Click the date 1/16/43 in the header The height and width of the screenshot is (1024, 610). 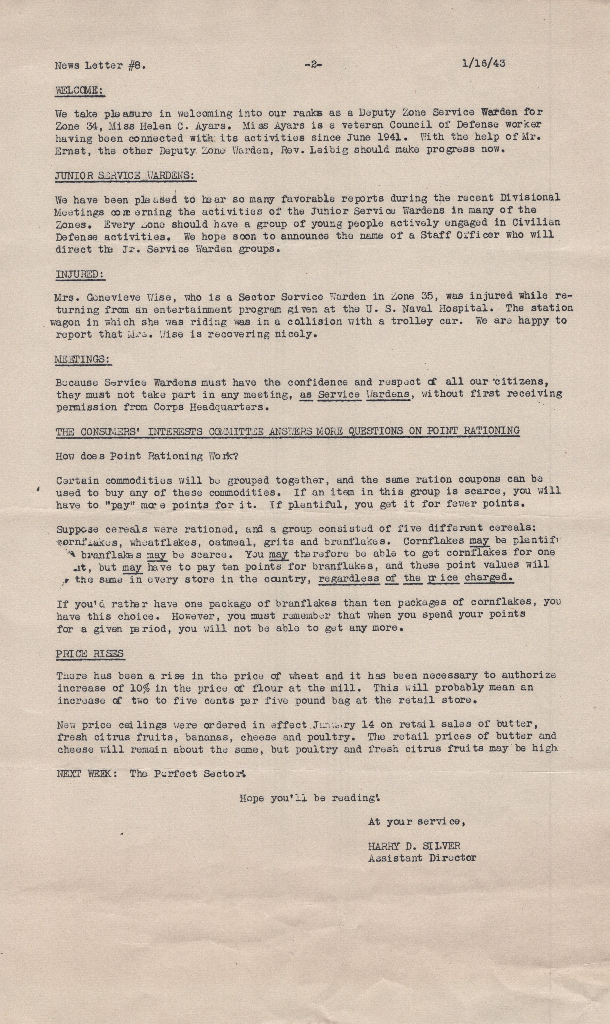point(483,64)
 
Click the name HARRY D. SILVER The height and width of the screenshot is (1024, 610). point(414,845)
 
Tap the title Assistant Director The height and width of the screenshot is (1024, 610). point(422,857)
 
